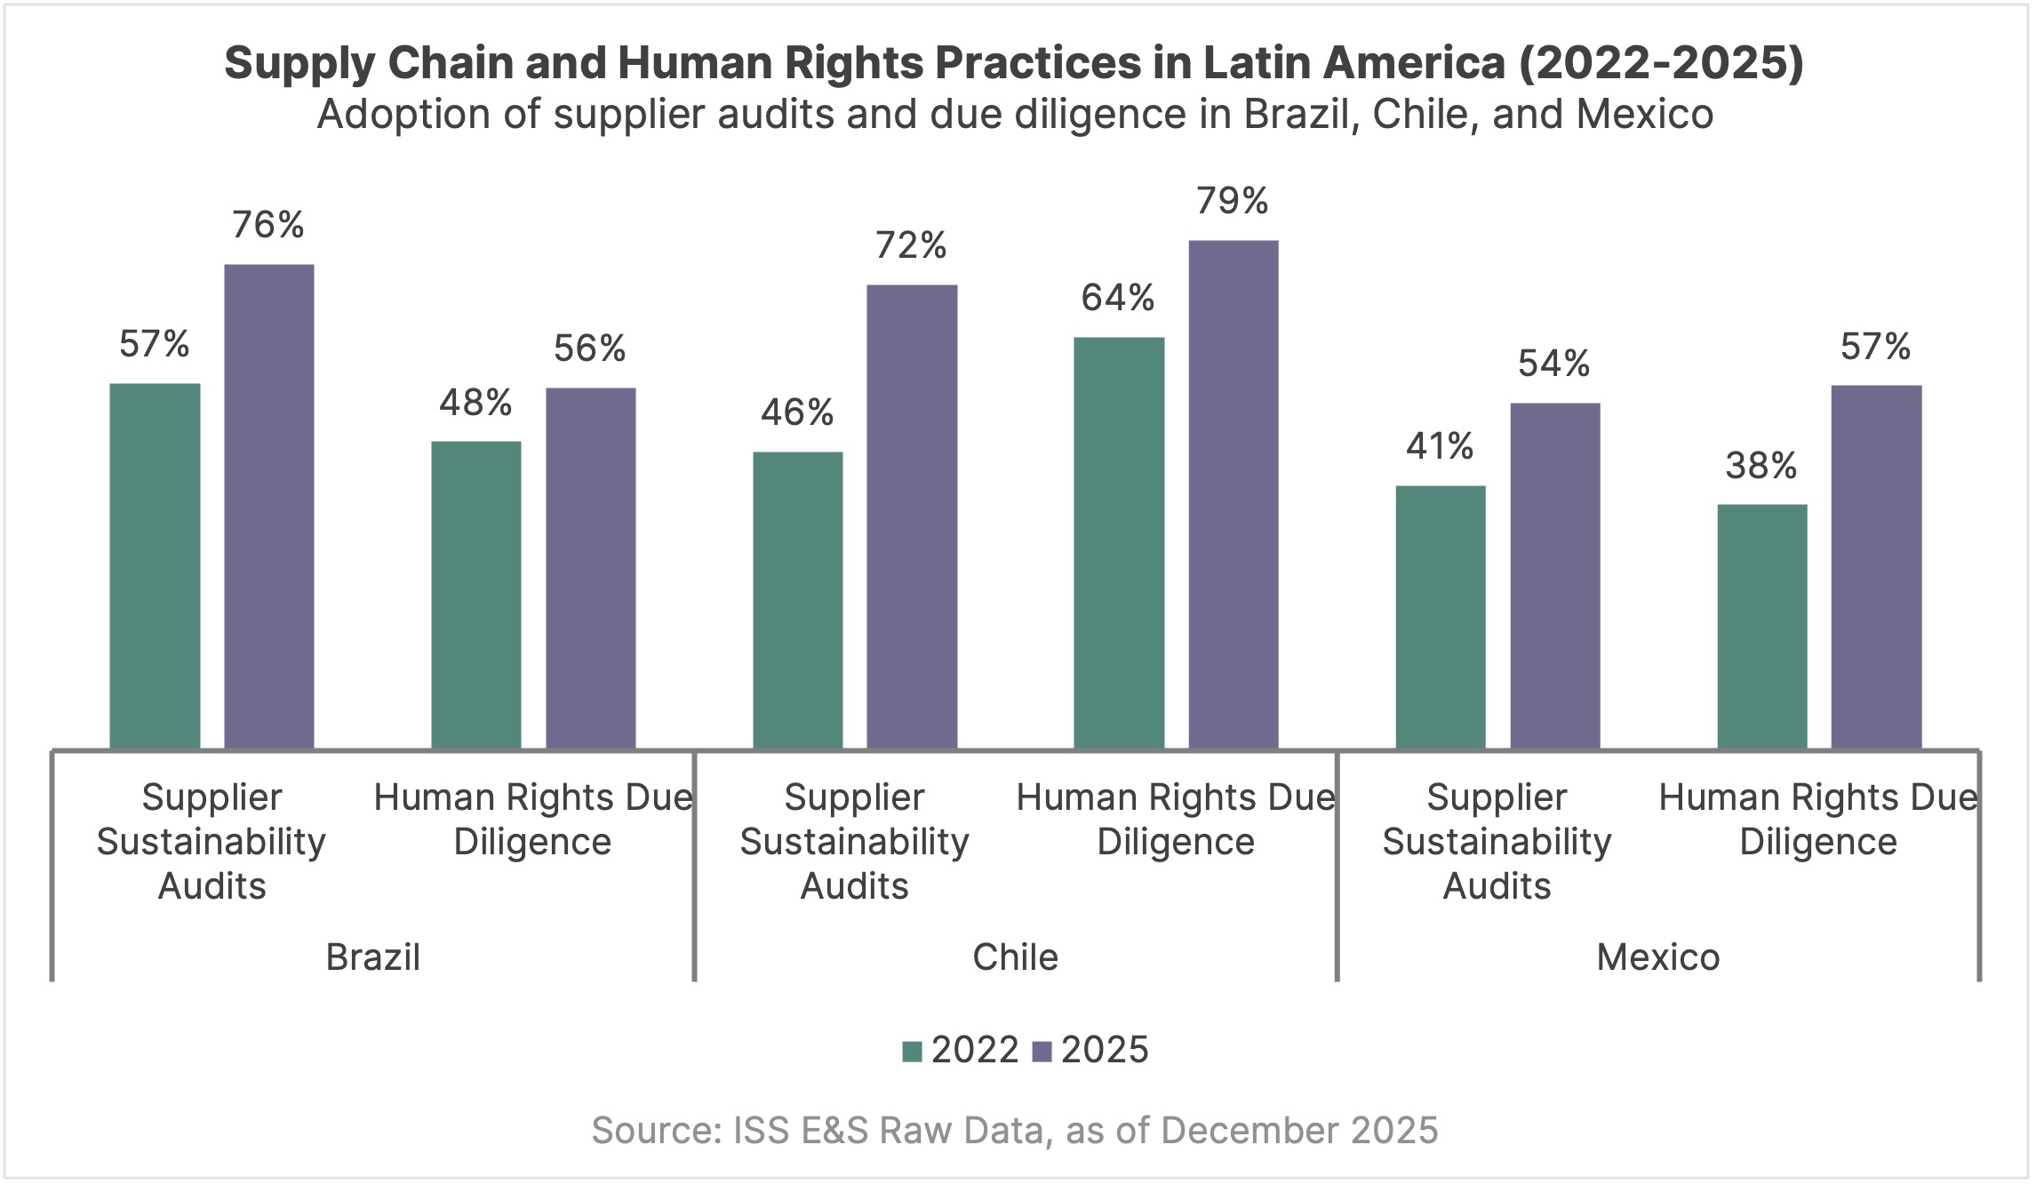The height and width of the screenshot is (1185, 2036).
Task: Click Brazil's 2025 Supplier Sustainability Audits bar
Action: tap(268, 506)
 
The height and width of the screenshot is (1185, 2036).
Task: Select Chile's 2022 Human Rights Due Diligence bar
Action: tap(1119, 542)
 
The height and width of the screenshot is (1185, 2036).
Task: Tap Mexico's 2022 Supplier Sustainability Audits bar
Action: tap(1440, 617)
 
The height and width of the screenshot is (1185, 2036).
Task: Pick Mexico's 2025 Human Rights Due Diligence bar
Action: tap(1876, 566)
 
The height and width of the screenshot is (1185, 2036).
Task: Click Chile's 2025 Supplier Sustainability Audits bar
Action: tap(912, 516)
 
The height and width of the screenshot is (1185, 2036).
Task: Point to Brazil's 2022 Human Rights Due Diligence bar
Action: tap(476, 595)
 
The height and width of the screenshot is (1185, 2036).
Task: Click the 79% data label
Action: tap(1232, 202)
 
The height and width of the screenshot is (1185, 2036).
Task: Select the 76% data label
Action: tap(268, 226)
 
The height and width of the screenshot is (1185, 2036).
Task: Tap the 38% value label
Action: tap(1761, 466)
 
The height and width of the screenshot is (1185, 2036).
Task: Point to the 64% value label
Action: tap(1118, 299)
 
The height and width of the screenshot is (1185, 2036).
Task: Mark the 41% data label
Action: tap(1440, 446)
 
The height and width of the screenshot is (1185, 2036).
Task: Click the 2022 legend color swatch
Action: tap(912, 1052)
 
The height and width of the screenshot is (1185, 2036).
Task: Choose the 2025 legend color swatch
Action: tap(1042, 1052)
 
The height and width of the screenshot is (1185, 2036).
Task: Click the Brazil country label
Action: tap(372, 957)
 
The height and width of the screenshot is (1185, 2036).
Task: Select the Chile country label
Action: tap(1015, 957)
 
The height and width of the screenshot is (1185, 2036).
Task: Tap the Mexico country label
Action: tap(1657, 957)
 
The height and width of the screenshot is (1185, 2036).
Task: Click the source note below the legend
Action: tap(1014, 1131)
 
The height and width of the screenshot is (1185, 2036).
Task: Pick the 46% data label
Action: tap(797, 413)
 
